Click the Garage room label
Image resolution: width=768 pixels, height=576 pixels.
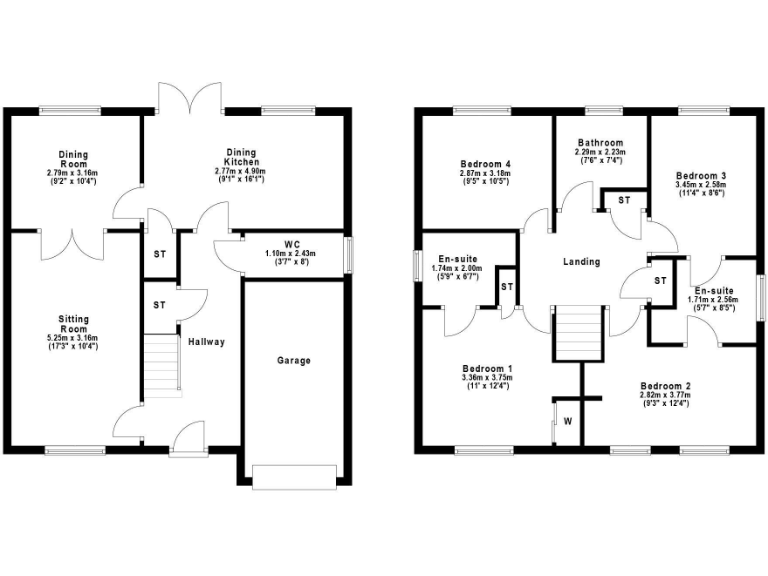[294, 360]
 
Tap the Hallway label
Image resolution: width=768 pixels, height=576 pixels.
[206, 342]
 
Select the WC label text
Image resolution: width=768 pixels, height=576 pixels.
[292, 243]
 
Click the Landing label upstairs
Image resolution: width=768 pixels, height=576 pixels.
[581, 262]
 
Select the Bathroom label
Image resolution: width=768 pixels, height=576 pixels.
[599, 143]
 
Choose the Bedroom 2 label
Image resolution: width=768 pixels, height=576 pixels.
[665, 385]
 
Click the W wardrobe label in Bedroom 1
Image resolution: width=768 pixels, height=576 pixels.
[567, 421]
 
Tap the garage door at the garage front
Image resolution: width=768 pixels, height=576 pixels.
[294, 477]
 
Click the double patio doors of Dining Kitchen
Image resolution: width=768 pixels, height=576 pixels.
[188, 98]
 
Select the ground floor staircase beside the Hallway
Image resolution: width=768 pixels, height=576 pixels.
[160, 366]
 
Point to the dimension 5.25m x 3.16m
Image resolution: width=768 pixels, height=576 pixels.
[73, 339]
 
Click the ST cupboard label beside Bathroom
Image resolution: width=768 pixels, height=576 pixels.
[623, 201]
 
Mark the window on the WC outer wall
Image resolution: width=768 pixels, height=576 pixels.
[349, 253]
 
